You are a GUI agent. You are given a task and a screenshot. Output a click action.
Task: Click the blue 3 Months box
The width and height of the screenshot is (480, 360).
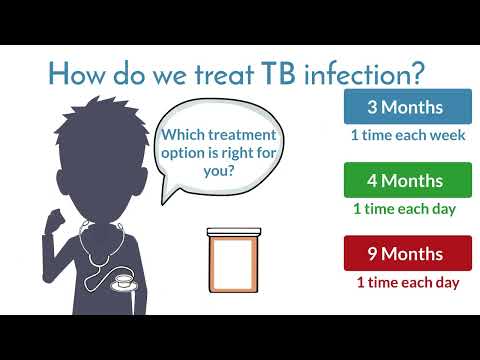(x=407, y=106)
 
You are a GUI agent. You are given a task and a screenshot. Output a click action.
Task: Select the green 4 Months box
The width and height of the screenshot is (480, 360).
(x=407, y=180)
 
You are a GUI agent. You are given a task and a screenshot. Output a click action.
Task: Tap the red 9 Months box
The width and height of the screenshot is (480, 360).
(x=407, y=253)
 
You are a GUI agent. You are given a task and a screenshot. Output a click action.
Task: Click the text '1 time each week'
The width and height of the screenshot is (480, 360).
(x=407, y=135)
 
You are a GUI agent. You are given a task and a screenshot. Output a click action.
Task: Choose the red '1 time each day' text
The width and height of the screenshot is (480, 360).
(x=407, y=282)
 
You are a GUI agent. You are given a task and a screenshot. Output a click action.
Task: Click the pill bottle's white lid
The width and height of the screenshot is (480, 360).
(x=233, y=233)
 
